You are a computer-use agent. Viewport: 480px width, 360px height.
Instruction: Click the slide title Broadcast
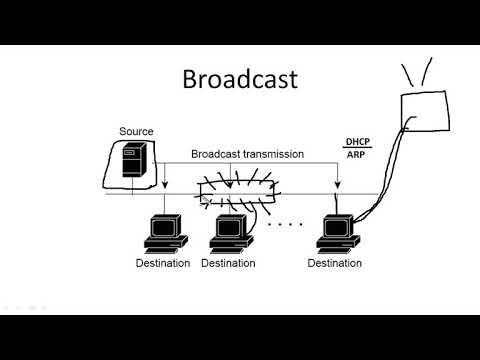tap(239, 79)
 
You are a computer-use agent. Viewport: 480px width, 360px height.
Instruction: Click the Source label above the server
tap(136, 131)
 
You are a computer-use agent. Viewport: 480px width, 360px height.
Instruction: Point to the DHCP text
tap(357, 142)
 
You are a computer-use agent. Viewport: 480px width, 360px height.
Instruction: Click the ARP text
tap(355, 155)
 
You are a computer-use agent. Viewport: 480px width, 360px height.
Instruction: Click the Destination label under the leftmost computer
tap(162, 263)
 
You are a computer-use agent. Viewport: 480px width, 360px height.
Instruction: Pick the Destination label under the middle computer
tap(228, 263)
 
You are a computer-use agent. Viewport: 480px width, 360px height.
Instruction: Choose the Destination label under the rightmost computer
tap(335, 263)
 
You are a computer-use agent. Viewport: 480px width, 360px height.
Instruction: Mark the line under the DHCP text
tap(357, 149)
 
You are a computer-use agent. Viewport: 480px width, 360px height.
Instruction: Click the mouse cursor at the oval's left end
tap(205, 198)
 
